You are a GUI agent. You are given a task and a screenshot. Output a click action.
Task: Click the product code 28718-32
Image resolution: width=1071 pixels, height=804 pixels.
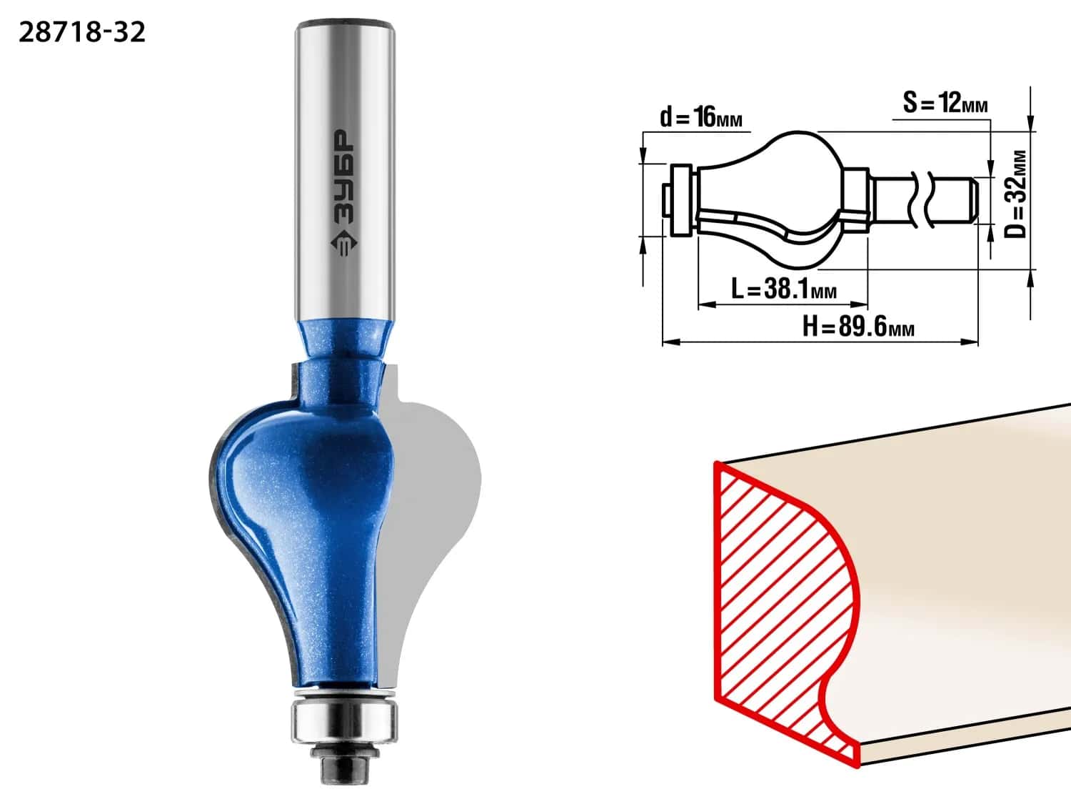[82, 33]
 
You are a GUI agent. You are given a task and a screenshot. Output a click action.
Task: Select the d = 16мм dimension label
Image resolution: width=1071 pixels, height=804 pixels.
[700, 117]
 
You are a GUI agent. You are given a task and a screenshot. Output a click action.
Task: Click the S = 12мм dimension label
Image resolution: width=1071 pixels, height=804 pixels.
[945, 103]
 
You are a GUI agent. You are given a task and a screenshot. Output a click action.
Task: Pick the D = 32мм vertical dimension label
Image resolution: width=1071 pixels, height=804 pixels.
[1015, 194]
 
